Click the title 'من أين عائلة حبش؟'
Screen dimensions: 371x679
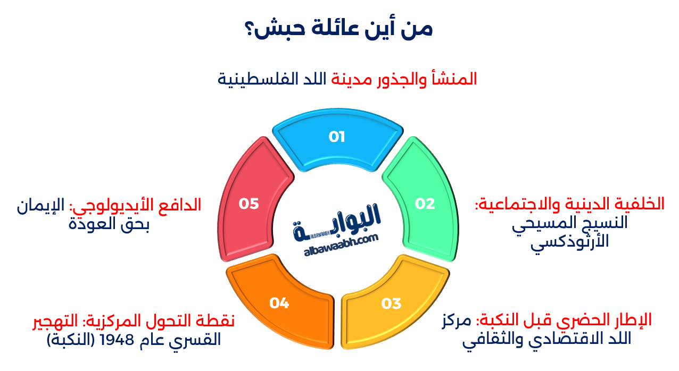(x=339, y=28)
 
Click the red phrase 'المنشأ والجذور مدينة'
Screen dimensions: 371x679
(x=404, y=79)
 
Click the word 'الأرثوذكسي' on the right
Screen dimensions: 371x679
(x=569, y=242)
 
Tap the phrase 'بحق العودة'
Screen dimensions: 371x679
(x=109, y=224)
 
